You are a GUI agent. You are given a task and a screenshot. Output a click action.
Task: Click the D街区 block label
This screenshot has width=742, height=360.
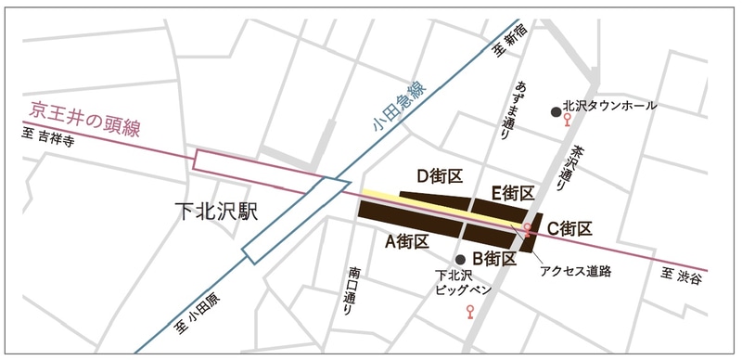click(439, 176)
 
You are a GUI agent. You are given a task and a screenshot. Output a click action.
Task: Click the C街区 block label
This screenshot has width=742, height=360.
click(569, 227)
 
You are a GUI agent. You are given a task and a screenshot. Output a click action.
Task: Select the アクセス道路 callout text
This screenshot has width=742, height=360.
click(574, 271)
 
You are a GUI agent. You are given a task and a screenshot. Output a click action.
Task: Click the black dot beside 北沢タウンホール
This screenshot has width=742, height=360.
click(556, 111)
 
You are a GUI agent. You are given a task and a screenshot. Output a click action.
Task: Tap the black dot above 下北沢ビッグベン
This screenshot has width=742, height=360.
click(460, 259)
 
